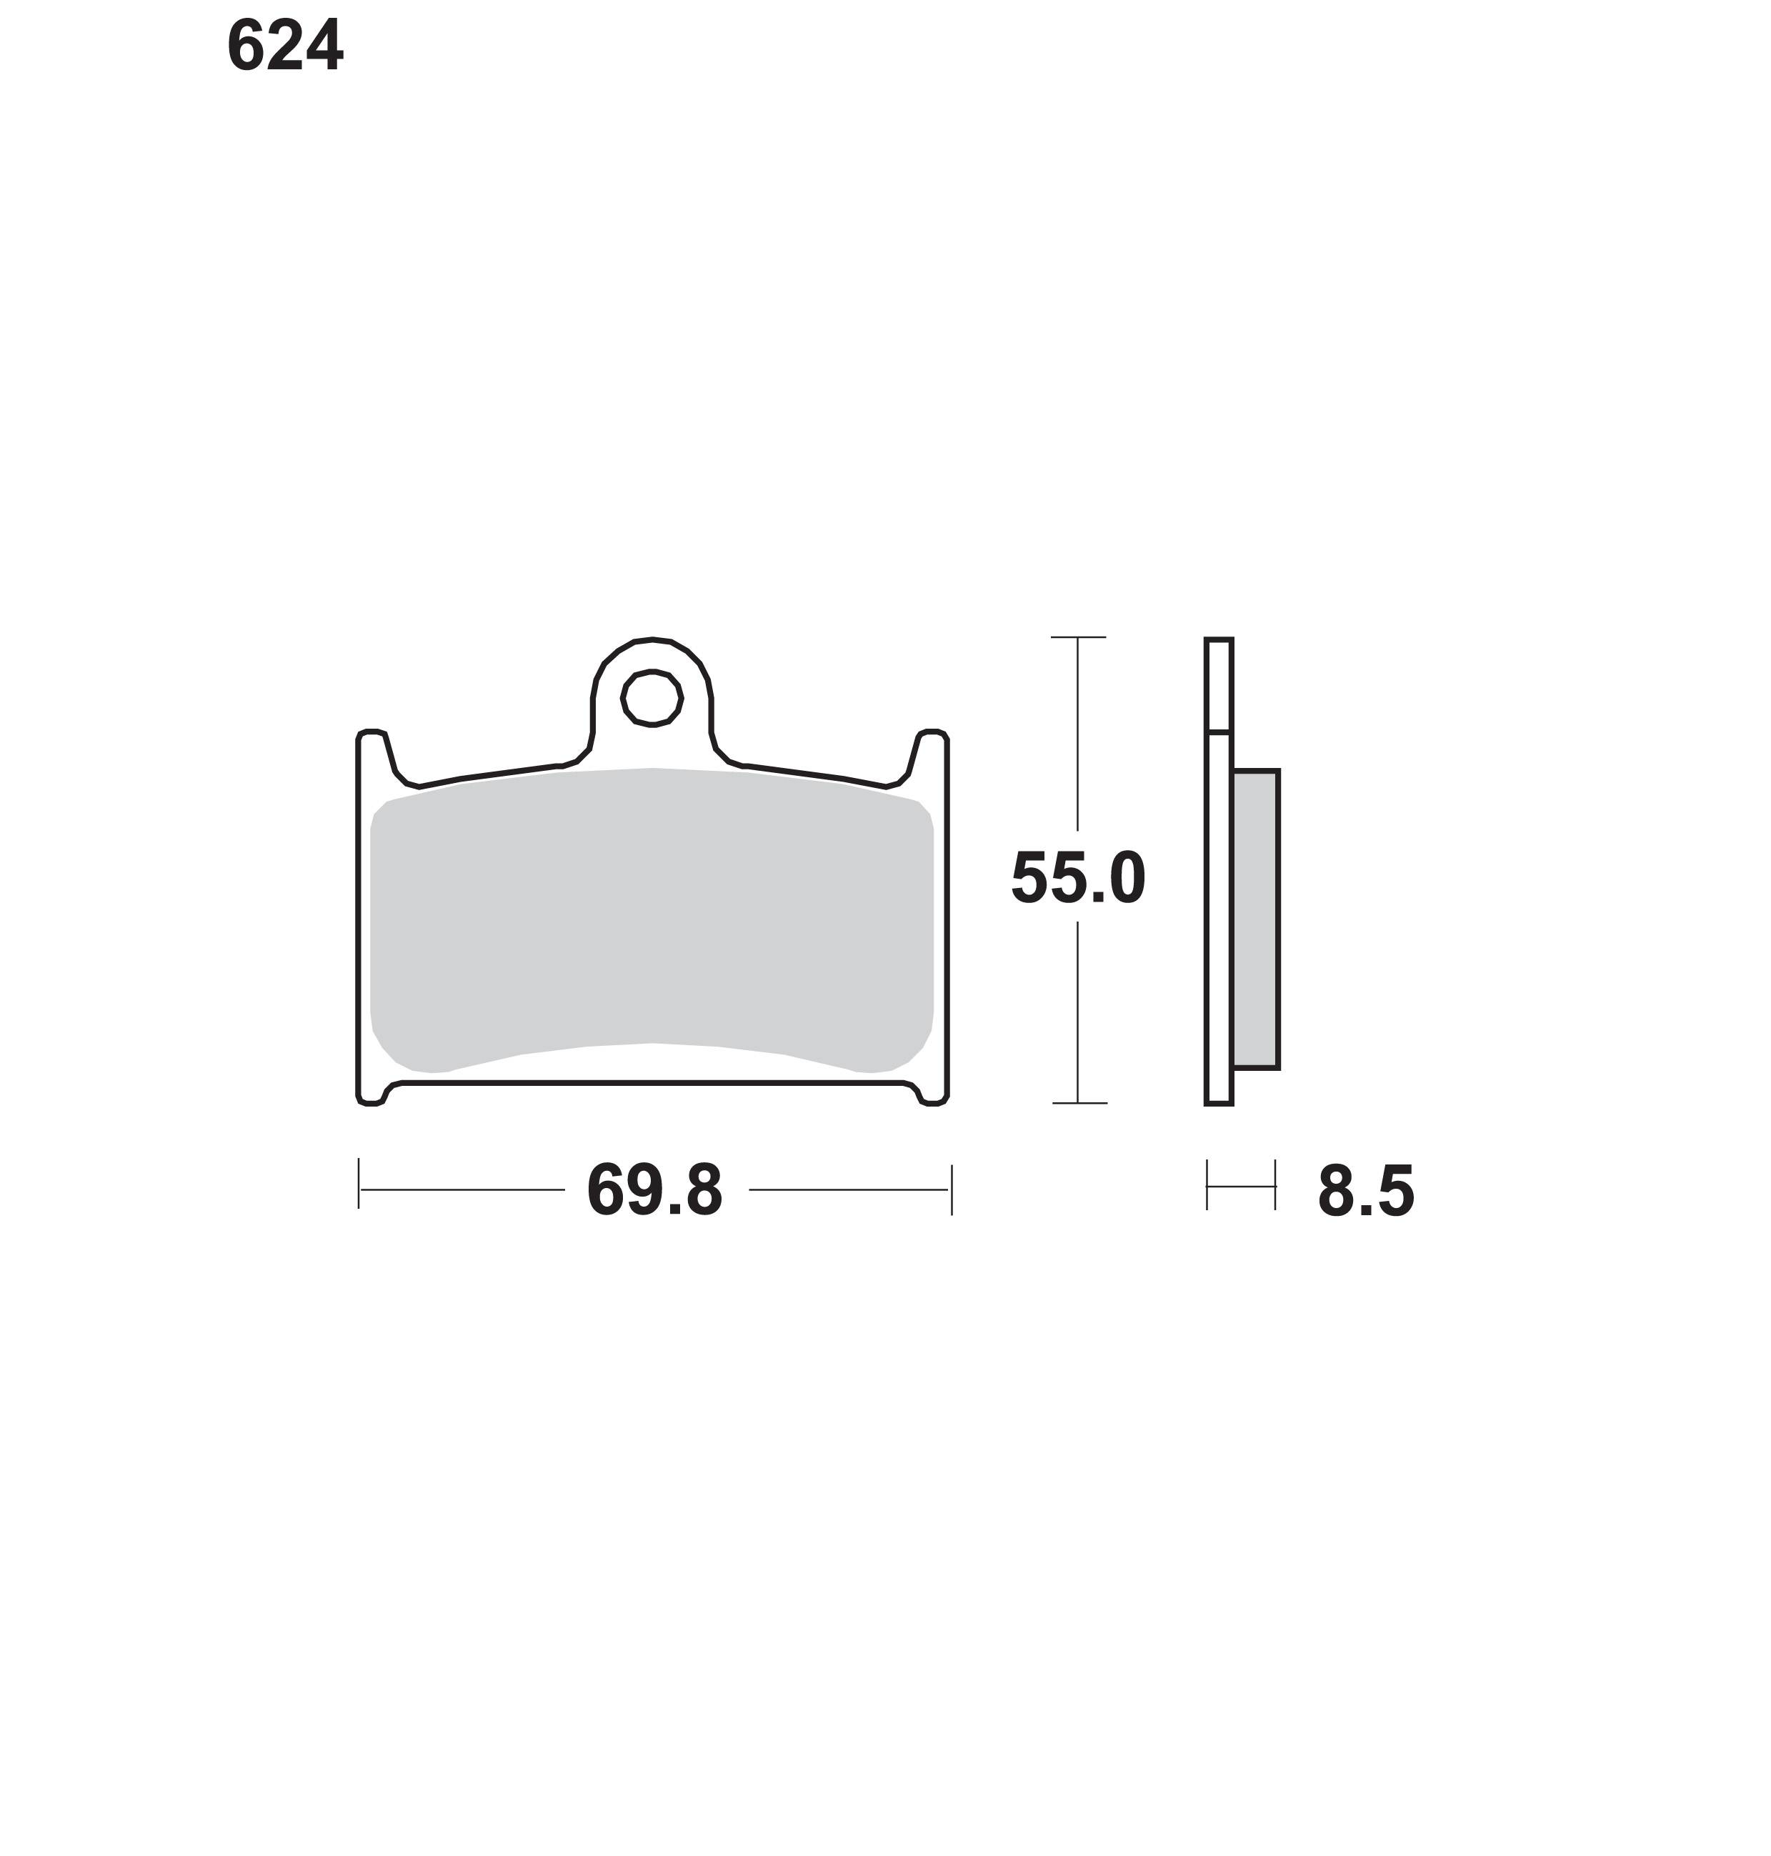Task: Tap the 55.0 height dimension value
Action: coord(1078,879)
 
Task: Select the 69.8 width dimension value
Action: coord(654,1192)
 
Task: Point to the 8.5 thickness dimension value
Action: coord(1366,1192)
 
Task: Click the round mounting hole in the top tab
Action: coord(652,699)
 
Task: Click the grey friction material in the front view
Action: coord(652,920)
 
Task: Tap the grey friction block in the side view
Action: coord(1256,919)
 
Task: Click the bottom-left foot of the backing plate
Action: coord(372,1094)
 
